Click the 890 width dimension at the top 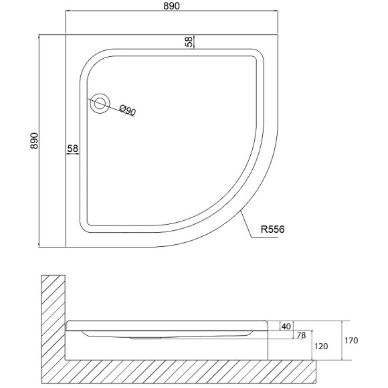pos(171,6)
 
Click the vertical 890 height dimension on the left pos(34,140)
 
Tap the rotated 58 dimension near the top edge pos(189,41)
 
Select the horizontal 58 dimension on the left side pos(72,149)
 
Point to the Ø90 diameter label pos(127,110)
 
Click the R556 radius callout pos(272,229)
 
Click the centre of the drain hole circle pos(100,104)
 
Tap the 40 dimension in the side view pos(286,326)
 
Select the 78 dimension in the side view pos(301,335)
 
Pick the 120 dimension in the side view pos(321,346)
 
